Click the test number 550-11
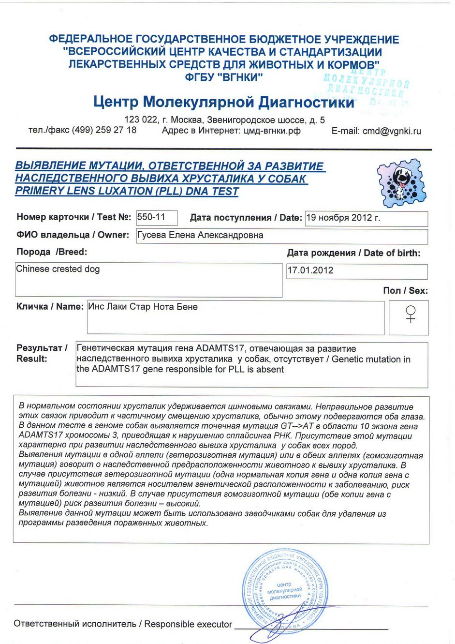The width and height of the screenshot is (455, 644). [x=151, y=217]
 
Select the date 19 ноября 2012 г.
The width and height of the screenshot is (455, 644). [x=343, y=218]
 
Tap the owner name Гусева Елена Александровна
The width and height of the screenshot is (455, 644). [x=201, y=236]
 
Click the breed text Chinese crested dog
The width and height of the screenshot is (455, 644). [x=58, y=269]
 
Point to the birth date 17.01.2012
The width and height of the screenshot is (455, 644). [x=310, y=270]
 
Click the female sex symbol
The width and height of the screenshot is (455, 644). [x=411, y=314]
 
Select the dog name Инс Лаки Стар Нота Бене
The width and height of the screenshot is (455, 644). [x=143, y=307]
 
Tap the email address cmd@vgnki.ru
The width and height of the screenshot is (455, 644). [x=392, y=131]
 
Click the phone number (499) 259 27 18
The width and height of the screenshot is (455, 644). [x=104, y=130]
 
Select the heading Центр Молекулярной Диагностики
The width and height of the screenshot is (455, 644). [x=224, y=102]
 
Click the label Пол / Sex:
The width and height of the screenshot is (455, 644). [x=405, y=291]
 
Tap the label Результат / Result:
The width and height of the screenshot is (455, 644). [x=42, y=353]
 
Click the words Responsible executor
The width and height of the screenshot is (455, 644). [x=188, y=624]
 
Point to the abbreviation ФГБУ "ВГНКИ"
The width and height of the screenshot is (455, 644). [x=224, y=77]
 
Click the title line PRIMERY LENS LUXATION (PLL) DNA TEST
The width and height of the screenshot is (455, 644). [x=127, y=191]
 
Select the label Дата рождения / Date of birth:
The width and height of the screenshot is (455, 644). [x=353, y=253]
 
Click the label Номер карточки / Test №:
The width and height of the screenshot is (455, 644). [x=73, y=217]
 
